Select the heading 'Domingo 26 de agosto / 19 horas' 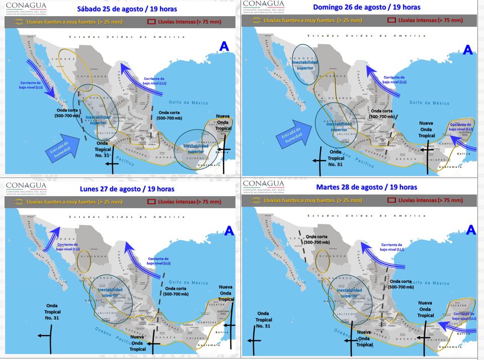tap(367, 7)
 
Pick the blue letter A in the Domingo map tap(468, 50)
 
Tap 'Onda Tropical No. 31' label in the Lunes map tap(52, 312)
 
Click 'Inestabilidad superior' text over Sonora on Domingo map tap(304, 65)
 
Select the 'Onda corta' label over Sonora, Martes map tap(317, 239)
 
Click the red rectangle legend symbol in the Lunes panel tap(150, 202)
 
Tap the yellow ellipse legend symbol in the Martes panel tap(257, 200)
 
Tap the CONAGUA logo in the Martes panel tap(263, 187)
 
